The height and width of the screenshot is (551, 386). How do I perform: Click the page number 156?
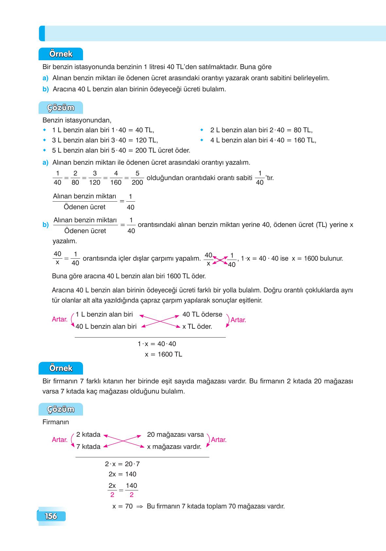[x=51, y=516]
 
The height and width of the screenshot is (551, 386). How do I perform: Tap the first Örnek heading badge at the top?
[x=61, y=54]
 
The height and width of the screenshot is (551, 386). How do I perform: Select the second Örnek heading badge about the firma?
[x=61, y=368]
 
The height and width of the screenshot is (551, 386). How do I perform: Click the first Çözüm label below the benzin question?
[x=61, y=108]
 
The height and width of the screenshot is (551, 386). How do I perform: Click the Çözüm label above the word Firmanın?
[x=61, y=409]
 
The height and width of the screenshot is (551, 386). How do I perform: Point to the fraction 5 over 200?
[x=137, y=178]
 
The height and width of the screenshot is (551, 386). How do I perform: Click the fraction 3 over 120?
[x=95, y=178]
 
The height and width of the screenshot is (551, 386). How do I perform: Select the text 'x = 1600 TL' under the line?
[x=163, y=354]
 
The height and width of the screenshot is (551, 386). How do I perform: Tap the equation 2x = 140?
[x=123, y=474]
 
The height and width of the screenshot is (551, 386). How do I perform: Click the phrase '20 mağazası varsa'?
[x=175, y=434]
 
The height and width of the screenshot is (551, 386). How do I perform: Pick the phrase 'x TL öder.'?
[x=197, y=326]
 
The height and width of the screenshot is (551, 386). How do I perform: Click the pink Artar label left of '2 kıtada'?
[x=59, y=440]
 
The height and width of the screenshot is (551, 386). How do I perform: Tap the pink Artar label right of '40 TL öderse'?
[x=238, y=320]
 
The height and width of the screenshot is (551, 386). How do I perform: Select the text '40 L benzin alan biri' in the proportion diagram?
[x=106, y=326]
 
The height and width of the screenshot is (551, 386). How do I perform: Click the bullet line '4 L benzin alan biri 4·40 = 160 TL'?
[x=263, y=140]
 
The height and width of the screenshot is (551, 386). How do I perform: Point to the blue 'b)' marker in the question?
[x=45, y=89]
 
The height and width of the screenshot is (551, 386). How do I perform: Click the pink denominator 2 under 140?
[x=131, y=495]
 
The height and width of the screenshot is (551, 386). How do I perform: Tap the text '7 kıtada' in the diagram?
[x=88, y=447]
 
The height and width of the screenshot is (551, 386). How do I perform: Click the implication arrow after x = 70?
[x=140, y=506]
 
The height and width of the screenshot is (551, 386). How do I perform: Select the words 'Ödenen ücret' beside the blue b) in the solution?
[x=85, y=231]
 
